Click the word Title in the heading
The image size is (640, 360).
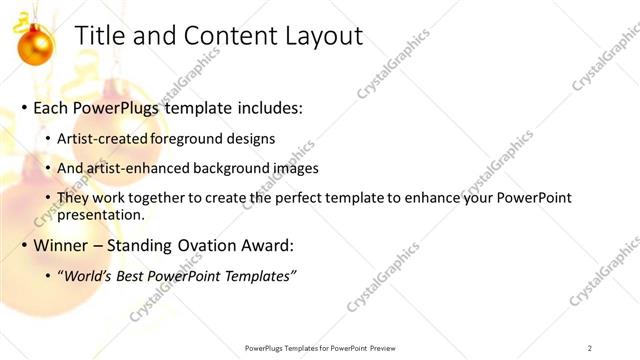(x=101, y=37)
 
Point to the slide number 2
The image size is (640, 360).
(x=590, y=347)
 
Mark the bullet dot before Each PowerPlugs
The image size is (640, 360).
(x=24, y=108)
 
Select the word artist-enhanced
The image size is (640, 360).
(x=142, y=168)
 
